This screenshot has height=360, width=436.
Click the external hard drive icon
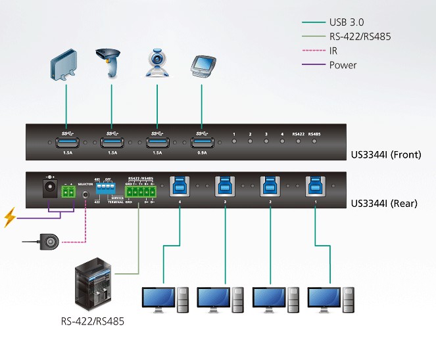pos(66,68)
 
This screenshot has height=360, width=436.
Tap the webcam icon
pos(157,64)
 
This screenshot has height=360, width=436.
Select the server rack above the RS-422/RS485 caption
pos(93,286)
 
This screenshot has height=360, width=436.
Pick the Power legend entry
pos(344,65)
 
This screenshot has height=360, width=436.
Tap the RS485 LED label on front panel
pos(315,134)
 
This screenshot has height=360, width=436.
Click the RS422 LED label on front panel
pos(298,134)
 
